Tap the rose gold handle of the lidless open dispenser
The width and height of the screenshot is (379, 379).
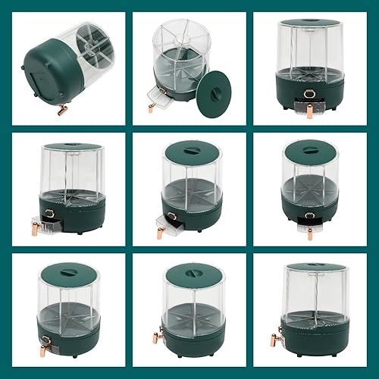[152, 107]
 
